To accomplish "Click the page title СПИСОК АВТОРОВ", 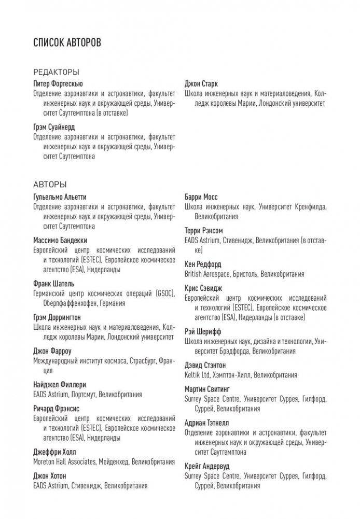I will tap(67, 42).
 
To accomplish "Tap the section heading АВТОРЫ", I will tap(49, 184).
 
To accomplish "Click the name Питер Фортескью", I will tap(57, 83).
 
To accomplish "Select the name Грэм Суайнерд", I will tap(53, 127).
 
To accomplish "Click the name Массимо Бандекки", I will tap(60, 240).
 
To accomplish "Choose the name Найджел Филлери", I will tap(59, 384).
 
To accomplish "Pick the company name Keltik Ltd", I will tap(198, 374).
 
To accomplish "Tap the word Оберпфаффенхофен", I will tap(67, 303).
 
